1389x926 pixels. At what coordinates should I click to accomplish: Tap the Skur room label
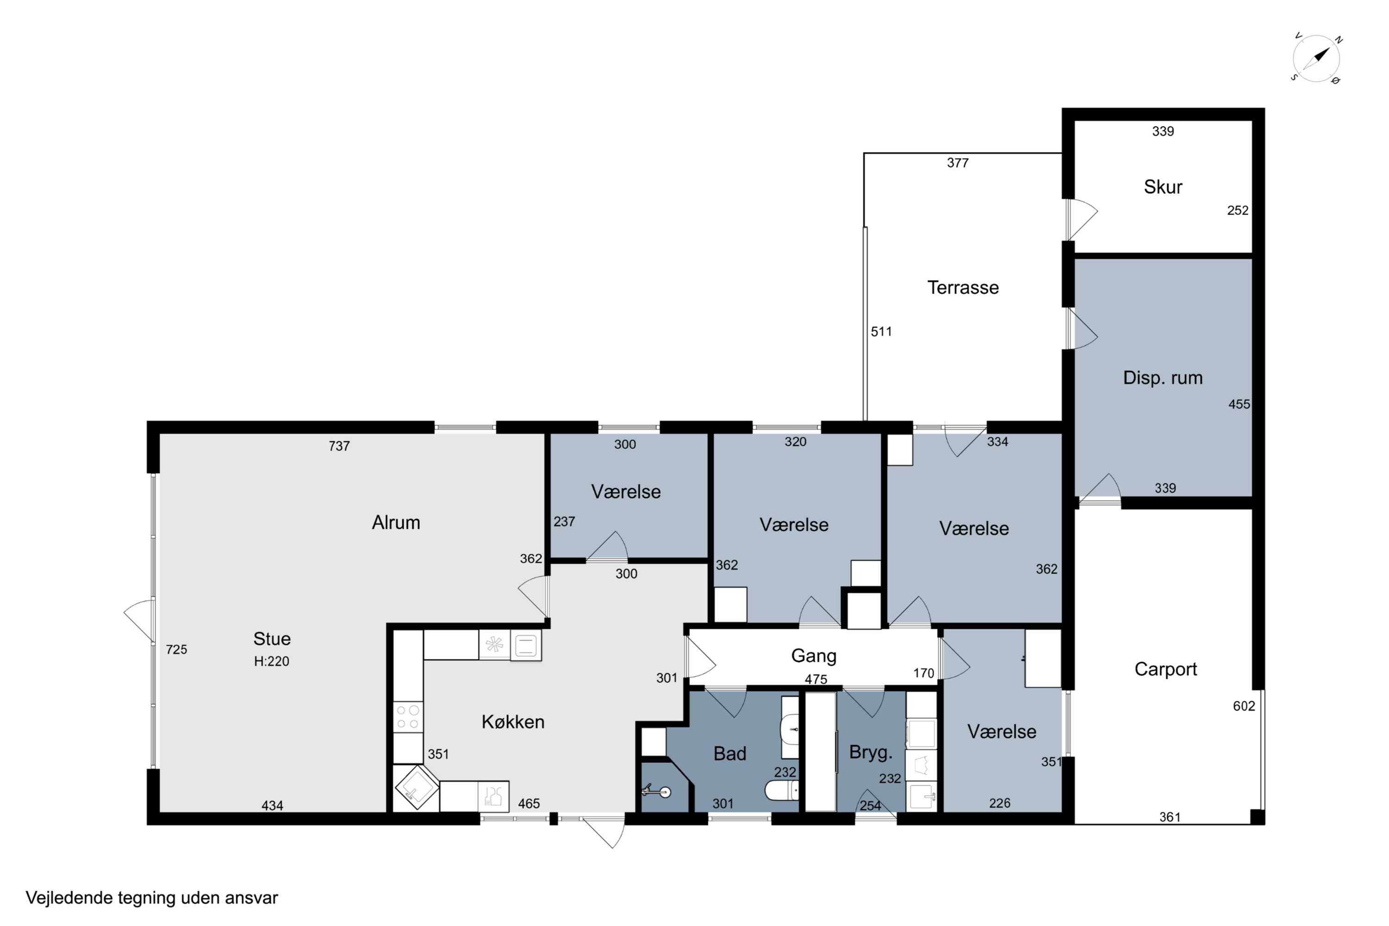tap(1163, 187)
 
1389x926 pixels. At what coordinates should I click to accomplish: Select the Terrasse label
tap(963, 288)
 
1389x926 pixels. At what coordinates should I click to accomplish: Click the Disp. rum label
tap(1163, 378)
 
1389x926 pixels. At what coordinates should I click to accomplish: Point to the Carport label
tap(1166, 669)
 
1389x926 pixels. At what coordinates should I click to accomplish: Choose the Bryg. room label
tap(870, 752)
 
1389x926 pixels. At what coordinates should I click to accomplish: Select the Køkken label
tap(513, 722)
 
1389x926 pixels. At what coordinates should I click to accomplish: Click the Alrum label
tap(396, 522)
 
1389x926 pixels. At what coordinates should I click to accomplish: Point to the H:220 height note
tap(272, 662)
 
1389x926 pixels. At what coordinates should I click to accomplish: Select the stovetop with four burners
tap(407, 716)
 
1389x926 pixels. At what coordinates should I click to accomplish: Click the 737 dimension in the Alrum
tap(339, 446)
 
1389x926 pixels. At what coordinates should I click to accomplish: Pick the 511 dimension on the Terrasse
tap(881, 332)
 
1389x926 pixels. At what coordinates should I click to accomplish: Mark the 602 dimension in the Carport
tap(1244, 707)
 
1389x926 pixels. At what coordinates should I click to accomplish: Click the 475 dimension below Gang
tap(815, 680)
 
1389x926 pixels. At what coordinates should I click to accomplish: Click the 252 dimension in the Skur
tap(1238, 211)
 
